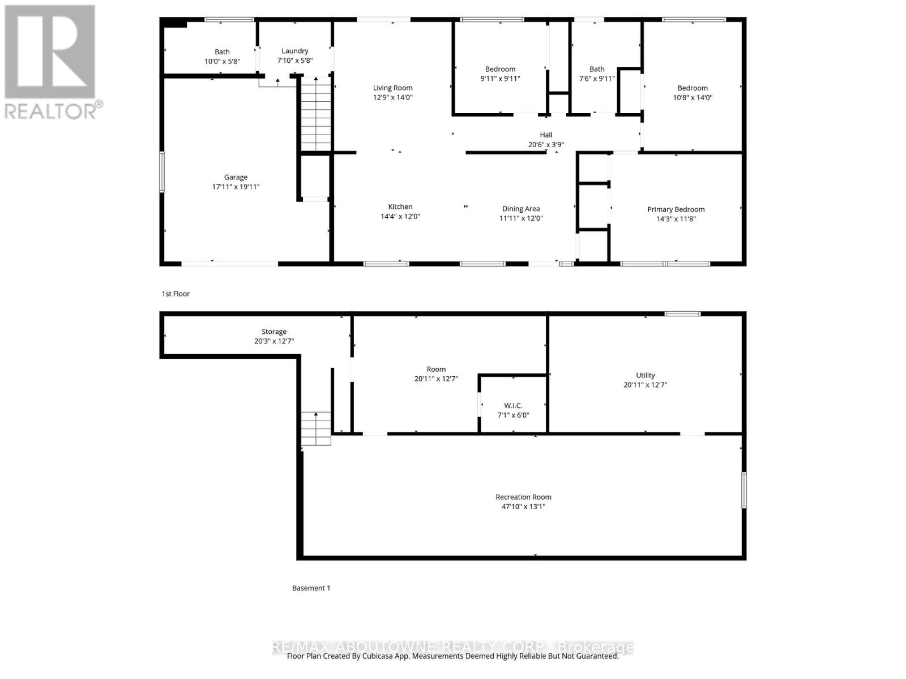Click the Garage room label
coord(236,177)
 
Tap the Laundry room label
coord(294,51)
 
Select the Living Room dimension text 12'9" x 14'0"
coord(392,97)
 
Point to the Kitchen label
coord(400,207)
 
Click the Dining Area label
coord(521,209)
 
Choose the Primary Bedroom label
coord(676,209)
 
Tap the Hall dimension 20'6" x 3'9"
coord(546,145)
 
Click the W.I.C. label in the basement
coord(513,406)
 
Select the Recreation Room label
coord(523,497)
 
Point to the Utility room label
coord(645,375)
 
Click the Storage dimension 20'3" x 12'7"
coord(274,341)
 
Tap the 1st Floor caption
coord(176,294)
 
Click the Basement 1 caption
coord(311,588)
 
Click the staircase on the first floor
coord(316,114)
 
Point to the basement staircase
coord(316,428)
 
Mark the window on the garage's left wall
coord(162,171)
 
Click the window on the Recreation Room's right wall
coord(744,490)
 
